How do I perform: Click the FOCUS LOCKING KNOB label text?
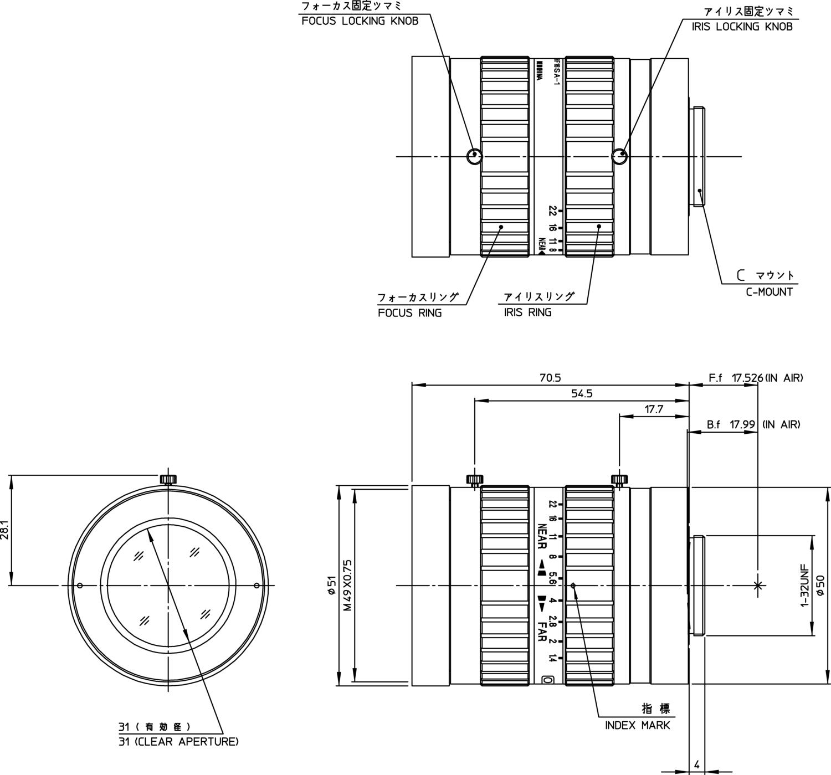(360, 21)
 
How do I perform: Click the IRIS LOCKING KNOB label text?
(742, 27)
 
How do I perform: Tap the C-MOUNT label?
(769, 292)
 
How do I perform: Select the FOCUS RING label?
(410, 313)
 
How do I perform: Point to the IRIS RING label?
(527, 312)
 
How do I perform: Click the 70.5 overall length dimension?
(550, 378)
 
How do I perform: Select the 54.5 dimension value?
(582, 394)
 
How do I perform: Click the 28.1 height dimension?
(5, 530)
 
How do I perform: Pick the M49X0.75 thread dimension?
(347, 584)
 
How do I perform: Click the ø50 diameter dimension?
(820, 585)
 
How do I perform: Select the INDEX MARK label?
(637, 725)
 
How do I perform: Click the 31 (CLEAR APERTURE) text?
(178, 741)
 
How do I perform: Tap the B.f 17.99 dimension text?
(731, 425)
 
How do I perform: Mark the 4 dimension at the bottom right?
(696, 764)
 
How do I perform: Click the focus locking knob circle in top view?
(474, 157)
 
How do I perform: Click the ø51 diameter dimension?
(332, 585)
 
